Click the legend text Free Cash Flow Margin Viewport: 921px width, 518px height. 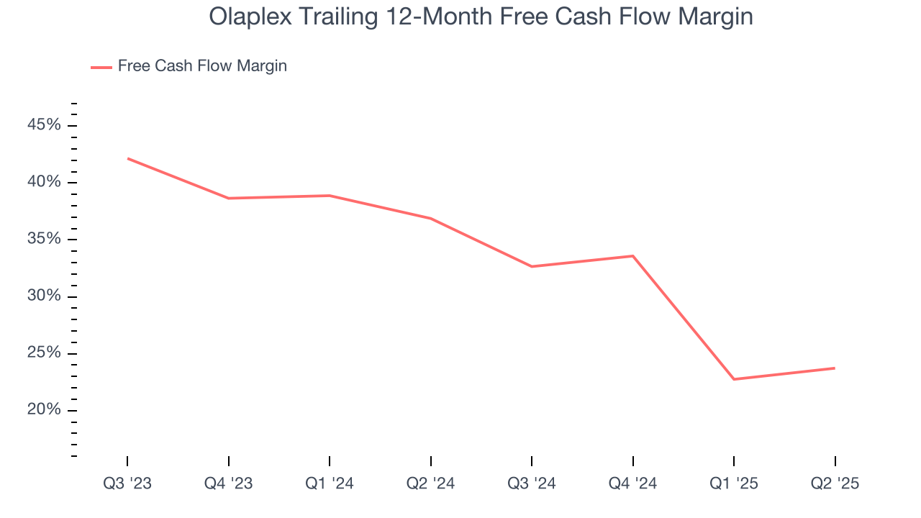(202, 66)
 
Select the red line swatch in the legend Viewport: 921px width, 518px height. (101, 67)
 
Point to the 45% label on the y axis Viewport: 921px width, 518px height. (45, 125)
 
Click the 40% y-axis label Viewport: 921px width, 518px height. (45, 182)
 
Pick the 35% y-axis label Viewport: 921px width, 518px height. (45, 239)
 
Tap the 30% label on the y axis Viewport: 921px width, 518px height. (45, 296)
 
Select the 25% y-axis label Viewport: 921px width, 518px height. (45, 353)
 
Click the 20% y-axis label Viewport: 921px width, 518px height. (45, 410)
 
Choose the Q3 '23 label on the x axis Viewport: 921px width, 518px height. (127, 483)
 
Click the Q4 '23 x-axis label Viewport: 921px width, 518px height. (228, 483)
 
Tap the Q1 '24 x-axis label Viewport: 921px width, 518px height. (330, 483)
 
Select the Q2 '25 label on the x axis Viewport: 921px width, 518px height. (835, 483)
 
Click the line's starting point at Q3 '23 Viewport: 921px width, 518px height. (127, 158)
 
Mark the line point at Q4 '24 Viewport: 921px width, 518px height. (632, 256)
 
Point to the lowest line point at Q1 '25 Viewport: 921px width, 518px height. (734, 379)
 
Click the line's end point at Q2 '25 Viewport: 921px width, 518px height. (835, 368)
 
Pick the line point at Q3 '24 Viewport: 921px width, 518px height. (532, 266)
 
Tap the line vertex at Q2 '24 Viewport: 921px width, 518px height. (430, 218)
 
